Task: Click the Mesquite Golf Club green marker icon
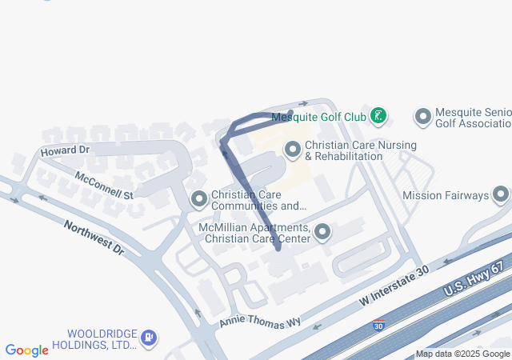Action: pyautogui.click(x=379, y=117)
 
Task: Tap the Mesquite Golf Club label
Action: pyautogui.click(x=318, y=117)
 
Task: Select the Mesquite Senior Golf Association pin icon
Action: pyautogui.click(x=423, y=117)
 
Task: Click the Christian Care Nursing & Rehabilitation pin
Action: pyautogui.click(x=293, y=150)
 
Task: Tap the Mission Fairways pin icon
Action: pyautogui.click(x=502, y=194)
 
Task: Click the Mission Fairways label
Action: pyautogui.click(x=445, y=195)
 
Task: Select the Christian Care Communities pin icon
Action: pyautogui.click(x=199, y=198)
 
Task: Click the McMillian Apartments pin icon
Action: pyautogui.click(x=322, y=233)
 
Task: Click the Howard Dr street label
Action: pyautogui.click(x=65, y=150)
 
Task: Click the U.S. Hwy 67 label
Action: pyautogui.click(x=478, y=276)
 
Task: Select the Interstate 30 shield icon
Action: pyautogui.click(x=378, y=326)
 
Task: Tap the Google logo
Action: pyautogui.click(x=27, y=350)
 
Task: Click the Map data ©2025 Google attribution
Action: pyautogui.click(x=462, y=354)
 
